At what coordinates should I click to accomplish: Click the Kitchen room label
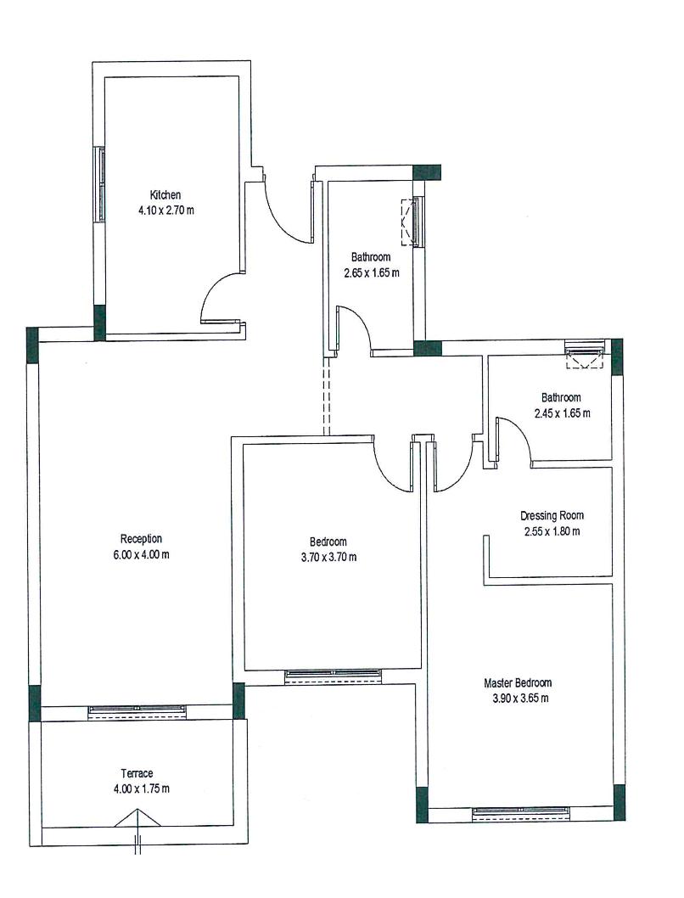(x=165, y=194)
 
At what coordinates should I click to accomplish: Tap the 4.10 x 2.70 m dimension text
(x=166, y=210)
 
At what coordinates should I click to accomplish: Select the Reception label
(x=141, y=538)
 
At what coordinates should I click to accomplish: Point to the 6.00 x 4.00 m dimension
(x=142, y=554)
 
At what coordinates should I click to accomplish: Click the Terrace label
(x=137, y=773)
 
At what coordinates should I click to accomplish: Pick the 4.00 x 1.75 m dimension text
(x=142, y=789)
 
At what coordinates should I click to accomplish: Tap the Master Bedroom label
(x=518, y=682)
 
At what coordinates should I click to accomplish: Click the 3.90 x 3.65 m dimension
(x=520, y=699)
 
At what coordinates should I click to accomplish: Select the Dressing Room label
(x=552, y=515)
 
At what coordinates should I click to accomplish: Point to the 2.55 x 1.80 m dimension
(x=552, y=531)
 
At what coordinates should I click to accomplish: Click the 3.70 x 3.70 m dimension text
(x=328, y=557)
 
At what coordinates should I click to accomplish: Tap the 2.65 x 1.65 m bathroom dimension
(x=372, y=272)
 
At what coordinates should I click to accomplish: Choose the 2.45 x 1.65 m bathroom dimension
(x=562, y=413)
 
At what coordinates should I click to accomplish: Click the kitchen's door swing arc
(x=212, y=286)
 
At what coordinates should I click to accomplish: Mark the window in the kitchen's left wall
(x=101, y=184)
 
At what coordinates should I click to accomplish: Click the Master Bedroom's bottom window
(x=520, y=813)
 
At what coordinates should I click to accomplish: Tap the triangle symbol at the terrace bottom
(x=137, y=818)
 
